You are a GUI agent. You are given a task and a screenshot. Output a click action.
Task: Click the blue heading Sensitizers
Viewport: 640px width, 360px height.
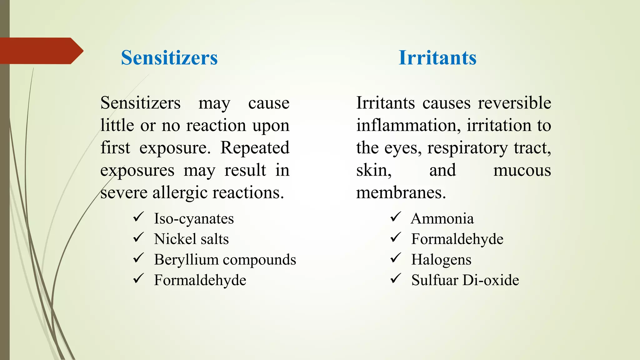[169, 58]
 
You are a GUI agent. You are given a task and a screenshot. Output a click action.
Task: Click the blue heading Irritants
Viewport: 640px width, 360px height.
[437, 58]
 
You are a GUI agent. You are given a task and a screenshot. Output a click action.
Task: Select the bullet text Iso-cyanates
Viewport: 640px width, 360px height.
[194, 218]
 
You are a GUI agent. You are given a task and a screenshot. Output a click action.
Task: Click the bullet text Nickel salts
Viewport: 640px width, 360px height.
[191, 239]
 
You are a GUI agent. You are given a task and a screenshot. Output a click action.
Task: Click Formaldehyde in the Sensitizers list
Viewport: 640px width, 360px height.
[200, 280]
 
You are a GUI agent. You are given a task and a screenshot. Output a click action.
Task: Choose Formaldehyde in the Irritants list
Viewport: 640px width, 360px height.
[457, 239]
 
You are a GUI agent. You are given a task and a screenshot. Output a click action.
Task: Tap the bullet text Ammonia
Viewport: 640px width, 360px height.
[442, 218]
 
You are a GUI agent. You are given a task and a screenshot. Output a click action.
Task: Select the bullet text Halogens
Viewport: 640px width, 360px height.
[441, 260]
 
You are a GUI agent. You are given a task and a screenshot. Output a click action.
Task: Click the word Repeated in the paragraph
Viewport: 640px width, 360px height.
[255, 148]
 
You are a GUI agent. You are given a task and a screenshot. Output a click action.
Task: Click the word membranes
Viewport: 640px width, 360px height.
[401, 193]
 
